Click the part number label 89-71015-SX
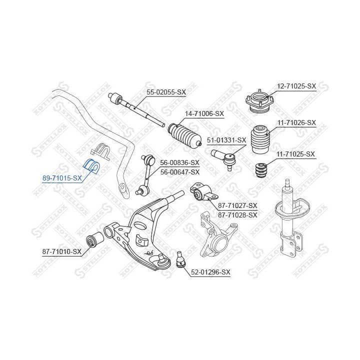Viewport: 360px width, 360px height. click(x=62, y=177)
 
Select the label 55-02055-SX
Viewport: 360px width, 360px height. click(x=166, y=92)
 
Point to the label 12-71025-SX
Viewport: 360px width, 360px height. click(x=296, y=86)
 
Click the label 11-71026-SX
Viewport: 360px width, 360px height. click(x=296, y=122)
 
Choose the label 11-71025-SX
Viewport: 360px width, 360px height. click(x=296, y=154)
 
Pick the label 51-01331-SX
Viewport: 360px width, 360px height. click(x=227, y=140)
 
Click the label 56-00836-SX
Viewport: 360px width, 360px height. click(x=179, y=163)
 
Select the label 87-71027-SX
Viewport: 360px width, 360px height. click(x=237, y=205)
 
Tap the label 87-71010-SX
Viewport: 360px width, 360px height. click(x=61, y=251)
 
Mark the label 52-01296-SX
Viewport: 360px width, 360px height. click(x=210, y=272)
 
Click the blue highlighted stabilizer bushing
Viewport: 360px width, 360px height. click(x=92, y=166)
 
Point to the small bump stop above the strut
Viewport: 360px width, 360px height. click(x=259, y=170)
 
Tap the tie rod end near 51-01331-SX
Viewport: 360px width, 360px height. click(x=222, y=158)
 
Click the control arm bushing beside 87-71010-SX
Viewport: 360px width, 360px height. click(x=94, y=240)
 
